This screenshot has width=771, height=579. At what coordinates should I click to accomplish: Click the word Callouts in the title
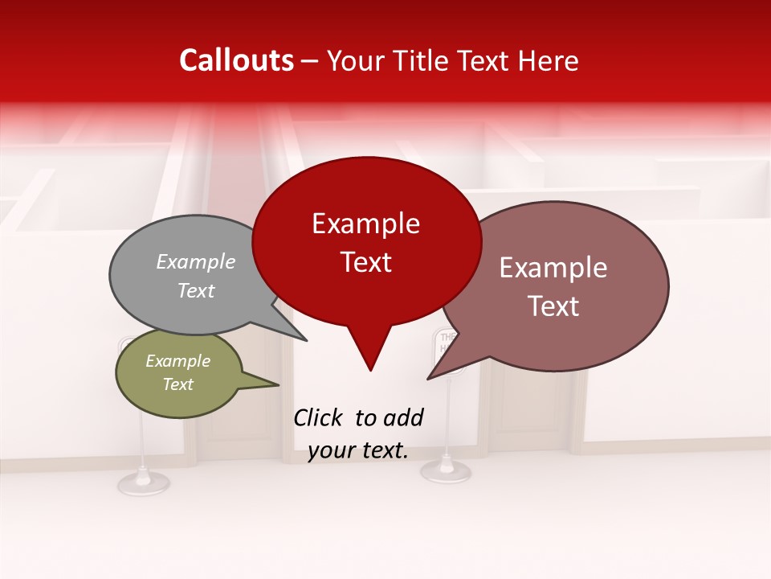click(x=236, y=60)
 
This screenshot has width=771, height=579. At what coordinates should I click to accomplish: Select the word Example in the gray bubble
click(x=196, y=261)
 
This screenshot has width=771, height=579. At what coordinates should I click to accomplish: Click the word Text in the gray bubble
click(x=196, y=290)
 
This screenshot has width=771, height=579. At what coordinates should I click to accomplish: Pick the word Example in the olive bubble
click(x=177, y=361)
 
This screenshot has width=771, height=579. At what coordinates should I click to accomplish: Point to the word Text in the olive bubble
click(x=177, y=384)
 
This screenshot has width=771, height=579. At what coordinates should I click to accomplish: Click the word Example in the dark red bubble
click(x=365, y=224)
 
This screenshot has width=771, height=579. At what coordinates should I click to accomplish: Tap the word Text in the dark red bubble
click(x=365, y=262)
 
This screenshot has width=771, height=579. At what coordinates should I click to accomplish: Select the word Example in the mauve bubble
click(x=553, y=268)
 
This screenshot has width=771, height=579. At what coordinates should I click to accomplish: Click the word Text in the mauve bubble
click(x=553, y=306)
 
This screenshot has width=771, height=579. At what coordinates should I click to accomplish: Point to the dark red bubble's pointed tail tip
click(x=370, y=370)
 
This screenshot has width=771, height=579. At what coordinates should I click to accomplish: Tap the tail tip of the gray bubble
click(x=307, y=340)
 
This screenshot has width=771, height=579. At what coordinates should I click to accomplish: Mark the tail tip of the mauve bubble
click(x=428, y=378)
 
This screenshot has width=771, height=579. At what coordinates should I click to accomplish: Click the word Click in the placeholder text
click(x=320, y=417)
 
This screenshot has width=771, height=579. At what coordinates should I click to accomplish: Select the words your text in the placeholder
click(x=358, y=450)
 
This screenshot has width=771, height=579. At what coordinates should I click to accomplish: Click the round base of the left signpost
click(x=143, y=482)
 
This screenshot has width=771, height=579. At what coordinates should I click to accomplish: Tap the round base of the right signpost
click(x=446, y=470)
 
